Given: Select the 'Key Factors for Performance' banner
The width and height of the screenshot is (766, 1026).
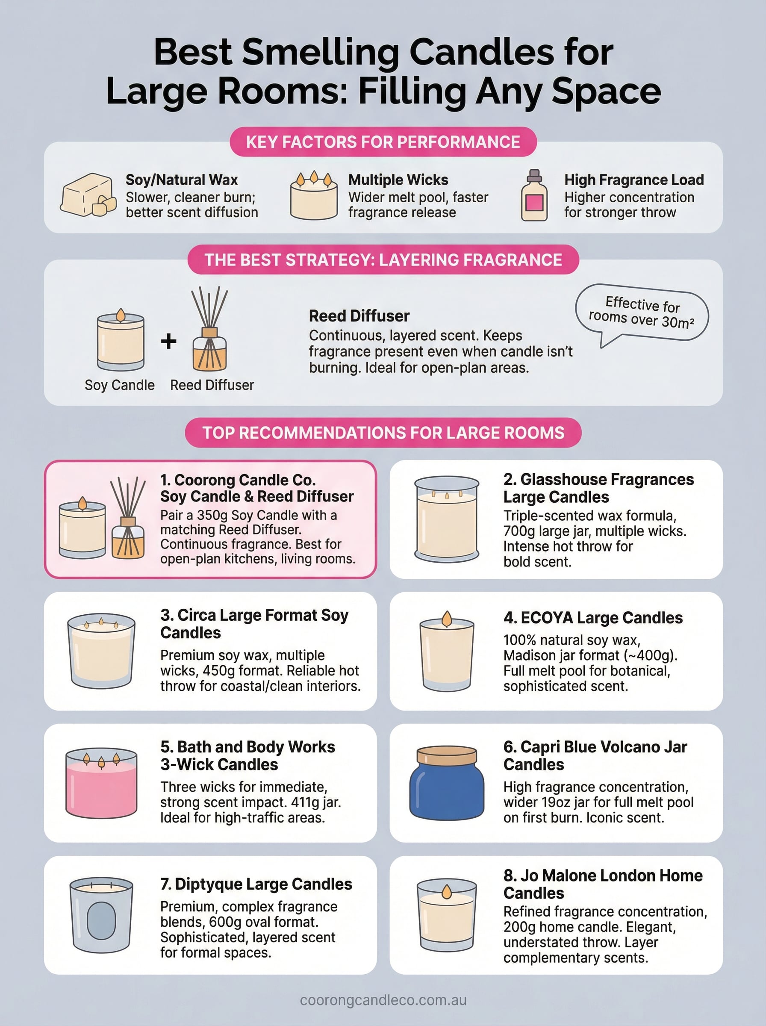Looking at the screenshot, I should click(383, 142).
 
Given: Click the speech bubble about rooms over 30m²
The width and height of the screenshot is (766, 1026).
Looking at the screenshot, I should click(642, 312).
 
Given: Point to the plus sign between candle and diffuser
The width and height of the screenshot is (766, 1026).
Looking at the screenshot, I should click(168, 341).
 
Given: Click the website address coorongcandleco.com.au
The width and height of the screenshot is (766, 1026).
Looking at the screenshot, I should click(383, 999).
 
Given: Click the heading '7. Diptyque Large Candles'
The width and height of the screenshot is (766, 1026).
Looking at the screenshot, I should click(256, 884).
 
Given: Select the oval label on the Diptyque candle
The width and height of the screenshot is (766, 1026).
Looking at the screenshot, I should click(101, 921).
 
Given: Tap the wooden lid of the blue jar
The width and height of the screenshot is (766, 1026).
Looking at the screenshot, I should click(447, 755).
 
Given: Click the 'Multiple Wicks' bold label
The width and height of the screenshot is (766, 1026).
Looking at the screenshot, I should click(398, 180).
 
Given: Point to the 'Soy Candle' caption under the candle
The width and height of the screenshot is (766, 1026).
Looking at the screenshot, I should click(120, 385).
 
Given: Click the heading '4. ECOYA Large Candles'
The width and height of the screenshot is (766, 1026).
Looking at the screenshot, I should click(592, 618).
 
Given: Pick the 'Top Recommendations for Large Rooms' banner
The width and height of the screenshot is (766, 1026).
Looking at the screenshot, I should click(383, 432).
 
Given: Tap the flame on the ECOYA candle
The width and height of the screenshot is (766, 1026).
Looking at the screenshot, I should click(447, 619).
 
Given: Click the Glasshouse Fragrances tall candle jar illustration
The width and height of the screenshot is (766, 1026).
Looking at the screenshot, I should click(447, 519).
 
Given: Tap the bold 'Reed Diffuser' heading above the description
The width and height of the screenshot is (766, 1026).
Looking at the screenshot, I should click(359, 316).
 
